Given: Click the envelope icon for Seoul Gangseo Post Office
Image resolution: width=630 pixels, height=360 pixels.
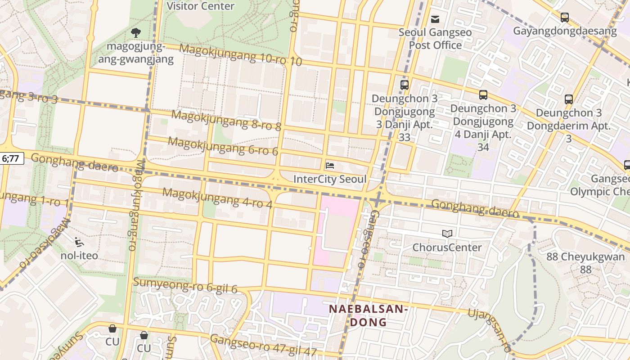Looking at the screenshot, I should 435,19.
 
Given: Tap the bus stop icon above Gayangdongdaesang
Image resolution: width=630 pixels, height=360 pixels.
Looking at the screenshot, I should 564,18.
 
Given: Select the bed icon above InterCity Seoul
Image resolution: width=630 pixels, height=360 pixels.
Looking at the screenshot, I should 330,166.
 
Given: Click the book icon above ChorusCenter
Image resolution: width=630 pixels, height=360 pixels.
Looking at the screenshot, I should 447,234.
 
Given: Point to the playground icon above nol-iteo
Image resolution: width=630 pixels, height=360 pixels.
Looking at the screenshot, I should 79,242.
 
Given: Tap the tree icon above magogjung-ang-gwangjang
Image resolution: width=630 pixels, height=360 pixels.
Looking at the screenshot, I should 135,32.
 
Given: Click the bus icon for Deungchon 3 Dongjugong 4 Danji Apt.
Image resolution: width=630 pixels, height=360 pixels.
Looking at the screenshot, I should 483,95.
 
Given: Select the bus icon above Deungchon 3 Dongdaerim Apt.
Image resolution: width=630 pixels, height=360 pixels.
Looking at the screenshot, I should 569,99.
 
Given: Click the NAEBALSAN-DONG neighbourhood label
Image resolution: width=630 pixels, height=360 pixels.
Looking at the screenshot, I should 368,315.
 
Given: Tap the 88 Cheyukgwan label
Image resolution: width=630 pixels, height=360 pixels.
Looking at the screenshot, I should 585,262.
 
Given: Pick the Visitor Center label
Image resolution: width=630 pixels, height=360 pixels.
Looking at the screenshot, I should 200,6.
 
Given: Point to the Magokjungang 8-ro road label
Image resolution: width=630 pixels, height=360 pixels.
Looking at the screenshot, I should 226,120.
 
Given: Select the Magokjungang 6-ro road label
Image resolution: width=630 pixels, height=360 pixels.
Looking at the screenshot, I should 223,146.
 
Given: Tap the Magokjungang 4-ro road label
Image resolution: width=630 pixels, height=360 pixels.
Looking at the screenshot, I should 217,198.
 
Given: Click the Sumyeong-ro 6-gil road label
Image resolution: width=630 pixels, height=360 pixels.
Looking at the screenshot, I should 185,286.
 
